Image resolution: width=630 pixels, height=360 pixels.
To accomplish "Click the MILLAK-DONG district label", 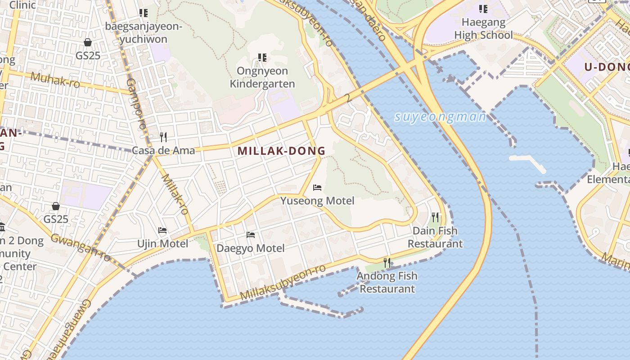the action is point(281,151).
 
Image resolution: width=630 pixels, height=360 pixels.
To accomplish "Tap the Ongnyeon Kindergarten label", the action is point(262,77).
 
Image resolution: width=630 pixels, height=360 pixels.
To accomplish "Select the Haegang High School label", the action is point(483,28).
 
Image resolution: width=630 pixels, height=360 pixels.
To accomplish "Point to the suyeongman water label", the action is point(440,117).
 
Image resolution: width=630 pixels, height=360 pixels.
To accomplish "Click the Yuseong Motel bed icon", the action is point(317,188).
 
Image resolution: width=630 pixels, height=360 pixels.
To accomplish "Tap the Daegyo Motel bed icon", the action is point(251,235).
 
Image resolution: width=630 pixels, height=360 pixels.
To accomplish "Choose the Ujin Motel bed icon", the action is point(162,230).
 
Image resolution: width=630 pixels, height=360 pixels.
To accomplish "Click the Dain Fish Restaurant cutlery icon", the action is point(435,217).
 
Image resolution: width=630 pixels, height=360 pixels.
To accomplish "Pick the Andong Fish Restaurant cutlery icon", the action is point(387,262).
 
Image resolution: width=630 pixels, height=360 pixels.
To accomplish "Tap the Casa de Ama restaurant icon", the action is point(163,137).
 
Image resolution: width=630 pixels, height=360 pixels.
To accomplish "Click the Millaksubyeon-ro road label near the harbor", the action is point(283,283).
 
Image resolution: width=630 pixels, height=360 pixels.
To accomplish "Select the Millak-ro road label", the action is point(174,194).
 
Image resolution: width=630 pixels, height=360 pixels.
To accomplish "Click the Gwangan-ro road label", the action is point(81,247).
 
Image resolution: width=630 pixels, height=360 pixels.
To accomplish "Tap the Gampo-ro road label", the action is point(135,104).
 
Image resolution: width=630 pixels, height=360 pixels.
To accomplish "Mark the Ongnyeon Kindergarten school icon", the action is point(262,58).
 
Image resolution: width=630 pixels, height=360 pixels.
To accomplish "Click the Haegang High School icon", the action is point(483,9).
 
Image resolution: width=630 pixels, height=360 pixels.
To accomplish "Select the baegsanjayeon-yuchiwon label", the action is point(144,33).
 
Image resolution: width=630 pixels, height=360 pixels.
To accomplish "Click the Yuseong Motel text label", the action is point(317,201).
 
